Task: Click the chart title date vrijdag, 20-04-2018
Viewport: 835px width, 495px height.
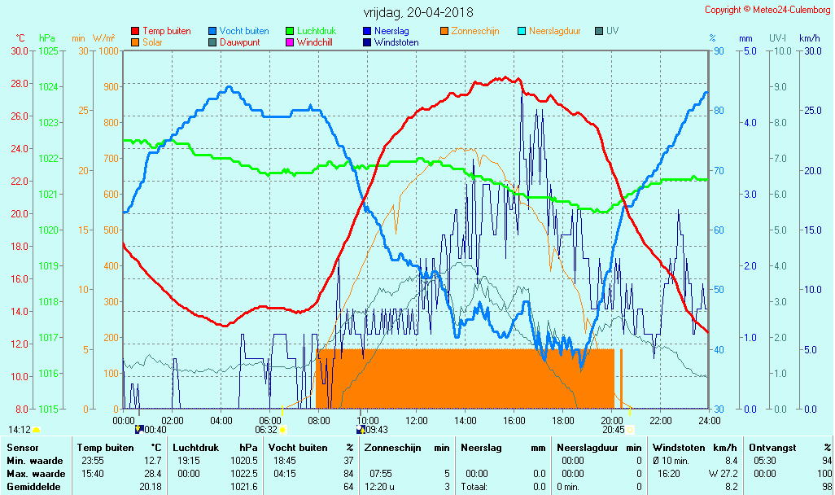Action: (x=417, y=12)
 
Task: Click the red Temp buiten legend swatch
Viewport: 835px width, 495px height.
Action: (x=135, y=31)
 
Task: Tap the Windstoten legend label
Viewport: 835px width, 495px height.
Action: (x=396, y=42)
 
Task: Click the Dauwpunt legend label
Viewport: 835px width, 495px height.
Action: (x=240, y=42)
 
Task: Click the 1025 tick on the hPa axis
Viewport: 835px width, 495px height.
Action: (x=49, y=50)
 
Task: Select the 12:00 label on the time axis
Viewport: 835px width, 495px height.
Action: (x=417, y=420)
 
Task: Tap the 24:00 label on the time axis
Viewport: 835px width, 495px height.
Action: (x=710, y=420)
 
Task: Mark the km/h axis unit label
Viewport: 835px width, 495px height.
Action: (x=809, y=38)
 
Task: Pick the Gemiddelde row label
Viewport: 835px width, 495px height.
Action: (x=33, y=487)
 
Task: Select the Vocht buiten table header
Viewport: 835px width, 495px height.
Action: (x=298, y=448)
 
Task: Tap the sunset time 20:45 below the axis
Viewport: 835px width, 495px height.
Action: (x=614, y=429)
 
